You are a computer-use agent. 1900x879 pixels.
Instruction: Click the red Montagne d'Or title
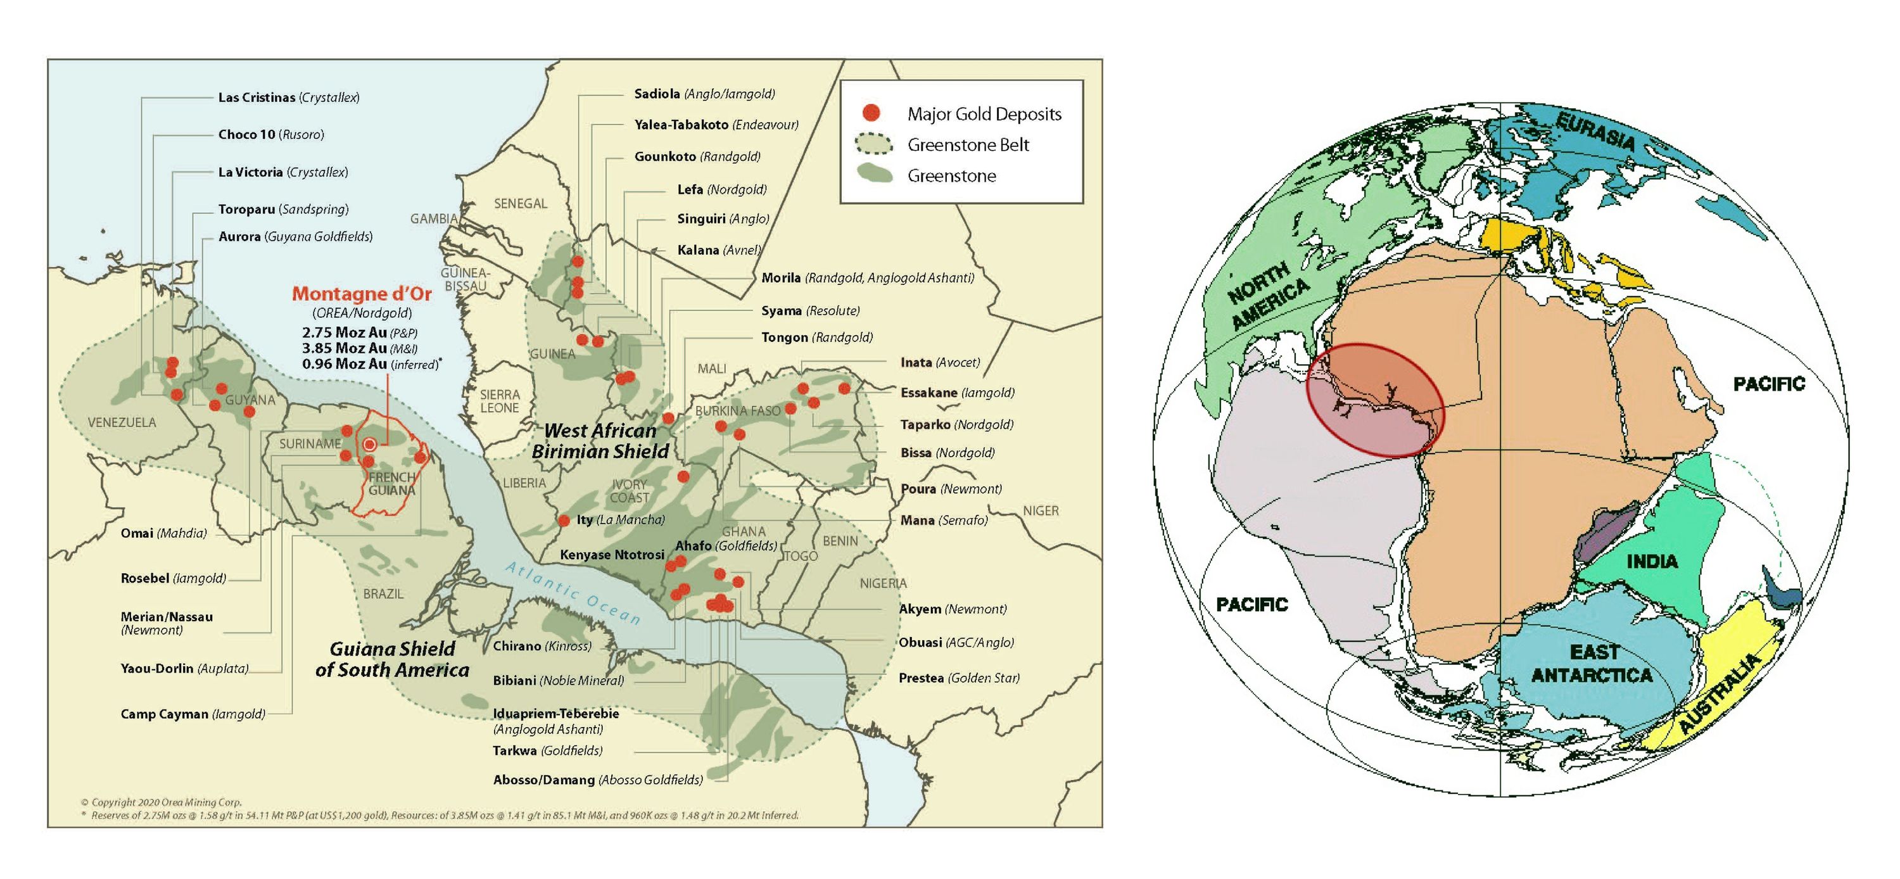click(362, 293)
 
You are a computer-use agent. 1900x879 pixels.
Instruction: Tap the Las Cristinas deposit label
click(288, 98)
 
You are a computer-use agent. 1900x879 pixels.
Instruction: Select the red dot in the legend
click(871, 113)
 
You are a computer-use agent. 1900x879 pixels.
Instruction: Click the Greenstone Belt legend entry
click(967, 144)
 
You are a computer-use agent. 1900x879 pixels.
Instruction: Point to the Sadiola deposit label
click(704, 94)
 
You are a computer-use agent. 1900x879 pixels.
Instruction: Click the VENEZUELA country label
click(122, 422)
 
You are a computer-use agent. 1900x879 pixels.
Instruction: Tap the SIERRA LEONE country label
click(500, 401)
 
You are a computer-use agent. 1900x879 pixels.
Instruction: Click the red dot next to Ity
click(564, 521)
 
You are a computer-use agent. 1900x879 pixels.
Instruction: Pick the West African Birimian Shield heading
click(600, 441)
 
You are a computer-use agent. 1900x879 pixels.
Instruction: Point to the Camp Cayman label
click(193, 714)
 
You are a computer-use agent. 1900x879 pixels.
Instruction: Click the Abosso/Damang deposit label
click(597, 780)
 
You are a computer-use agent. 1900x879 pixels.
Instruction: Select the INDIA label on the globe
click(1652, 561)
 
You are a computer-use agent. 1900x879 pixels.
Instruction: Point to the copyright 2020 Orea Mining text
click(161, 802)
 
